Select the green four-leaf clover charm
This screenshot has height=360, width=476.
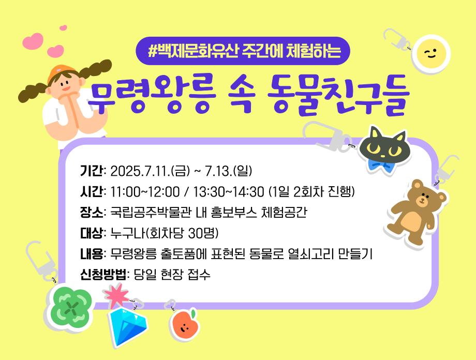tap(71, 308)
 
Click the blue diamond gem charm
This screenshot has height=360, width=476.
tap(128, 327)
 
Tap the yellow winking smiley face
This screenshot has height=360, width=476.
tap(431, 54)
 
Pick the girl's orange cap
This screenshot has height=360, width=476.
tap(60, 72)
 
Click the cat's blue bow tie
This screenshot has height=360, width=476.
tap(379, 167)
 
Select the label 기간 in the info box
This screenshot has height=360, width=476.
tap(92, 171)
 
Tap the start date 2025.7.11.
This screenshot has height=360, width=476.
tap(140, 171)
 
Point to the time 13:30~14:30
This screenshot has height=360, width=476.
tap(229, 192)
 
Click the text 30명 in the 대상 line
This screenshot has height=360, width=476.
tap(203, 233)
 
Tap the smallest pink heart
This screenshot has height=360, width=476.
tap(63, 28)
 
